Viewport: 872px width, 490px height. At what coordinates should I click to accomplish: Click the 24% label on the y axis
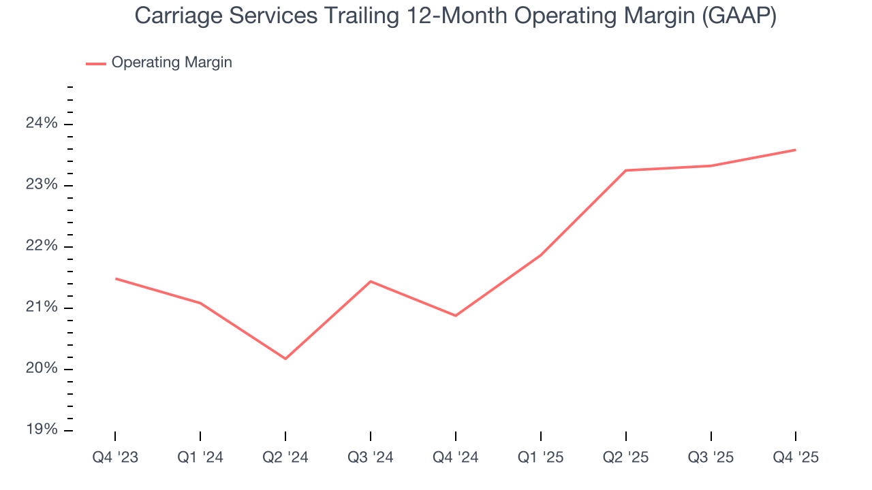click(42, 124)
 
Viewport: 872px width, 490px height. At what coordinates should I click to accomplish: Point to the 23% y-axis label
click(42, 185)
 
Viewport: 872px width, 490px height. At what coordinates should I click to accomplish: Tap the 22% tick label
click(42, 246)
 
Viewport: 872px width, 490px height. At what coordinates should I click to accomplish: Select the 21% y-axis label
click(42, 308)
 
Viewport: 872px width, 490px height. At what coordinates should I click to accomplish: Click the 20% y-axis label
click(42, 369)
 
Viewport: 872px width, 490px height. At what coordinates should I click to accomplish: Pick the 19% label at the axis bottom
click(42, 430)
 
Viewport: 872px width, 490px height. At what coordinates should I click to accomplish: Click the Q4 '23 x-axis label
click(115, 457)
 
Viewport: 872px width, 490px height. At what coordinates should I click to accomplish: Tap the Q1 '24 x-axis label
click(200, 457)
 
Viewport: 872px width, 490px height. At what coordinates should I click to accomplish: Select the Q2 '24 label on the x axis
click(285, 457)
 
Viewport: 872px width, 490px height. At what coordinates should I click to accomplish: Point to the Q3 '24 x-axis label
click(371, 457)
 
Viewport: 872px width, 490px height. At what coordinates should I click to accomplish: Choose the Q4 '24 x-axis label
click(456, 457)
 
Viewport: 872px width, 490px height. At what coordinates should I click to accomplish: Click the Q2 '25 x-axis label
click(626, 457)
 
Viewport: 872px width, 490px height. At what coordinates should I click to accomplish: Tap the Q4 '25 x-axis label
click(796, 457)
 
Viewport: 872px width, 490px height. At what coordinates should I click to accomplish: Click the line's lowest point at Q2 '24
click(285, 359)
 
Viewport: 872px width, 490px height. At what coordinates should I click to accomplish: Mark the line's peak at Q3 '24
click(371, 281)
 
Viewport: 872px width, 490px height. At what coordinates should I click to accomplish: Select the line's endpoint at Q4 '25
click(796, 150)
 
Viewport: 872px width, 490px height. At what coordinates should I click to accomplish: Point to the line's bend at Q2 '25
click(626, 170)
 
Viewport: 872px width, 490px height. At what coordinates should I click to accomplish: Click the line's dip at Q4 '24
click(456, 316)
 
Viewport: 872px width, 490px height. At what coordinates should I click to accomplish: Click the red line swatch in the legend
click(96, 63)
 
